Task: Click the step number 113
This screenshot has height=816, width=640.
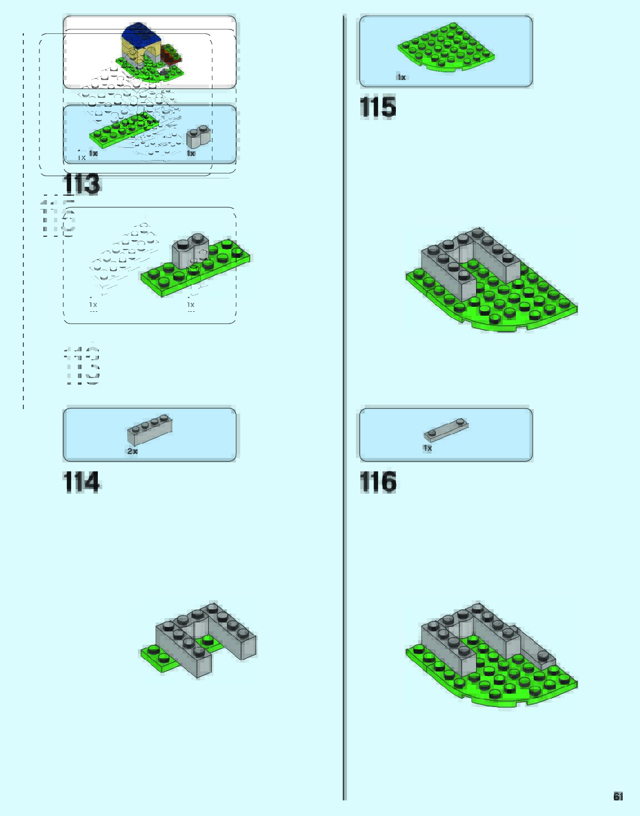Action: (x=82, y=184)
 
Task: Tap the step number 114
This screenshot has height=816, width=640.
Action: (x=82, y=482)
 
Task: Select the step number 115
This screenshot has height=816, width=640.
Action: (x=378, y=107)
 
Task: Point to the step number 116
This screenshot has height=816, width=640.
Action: (x=378, y=482)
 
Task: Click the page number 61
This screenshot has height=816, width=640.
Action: (x=618, y=797)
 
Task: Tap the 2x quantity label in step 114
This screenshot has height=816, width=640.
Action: (x=132, y=451)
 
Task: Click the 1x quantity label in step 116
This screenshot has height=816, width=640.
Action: (x=427, y=448)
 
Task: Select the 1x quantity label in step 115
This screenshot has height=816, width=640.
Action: (x=401, y=77)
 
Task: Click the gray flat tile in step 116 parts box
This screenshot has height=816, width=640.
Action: (x=446, y=429)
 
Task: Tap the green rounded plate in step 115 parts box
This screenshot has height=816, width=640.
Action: (x=446, y=48)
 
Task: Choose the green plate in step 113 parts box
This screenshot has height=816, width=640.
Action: (x=123, y=129)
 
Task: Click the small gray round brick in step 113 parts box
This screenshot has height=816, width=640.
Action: (x=199, y=137)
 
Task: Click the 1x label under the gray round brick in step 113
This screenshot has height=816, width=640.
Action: (x=191, y=153)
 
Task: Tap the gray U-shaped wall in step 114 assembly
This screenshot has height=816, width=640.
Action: (x=206, y=634)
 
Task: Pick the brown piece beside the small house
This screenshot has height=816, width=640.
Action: (x=172, y=56)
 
